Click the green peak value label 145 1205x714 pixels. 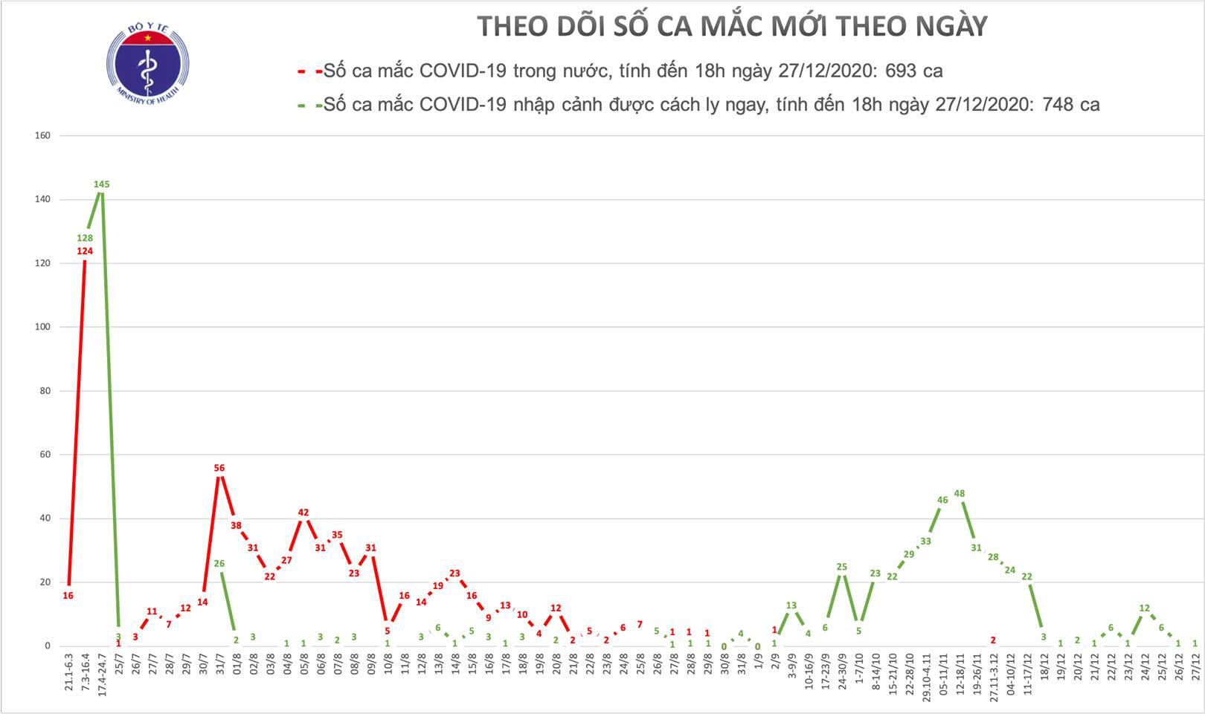coord(102,184)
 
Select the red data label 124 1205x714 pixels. coord(84,251)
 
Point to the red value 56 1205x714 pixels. coord(219,468)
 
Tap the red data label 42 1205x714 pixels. coord(303,512)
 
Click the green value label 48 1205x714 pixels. coord(959,493)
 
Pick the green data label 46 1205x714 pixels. coord(942,501)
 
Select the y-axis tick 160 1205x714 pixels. coord(42,135)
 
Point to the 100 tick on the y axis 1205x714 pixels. coord(42,327)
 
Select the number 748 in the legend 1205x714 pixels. coord(1055,105)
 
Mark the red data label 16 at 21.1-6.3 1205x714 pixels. coord(68,595)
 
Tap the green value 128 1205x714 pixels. coord(84,239)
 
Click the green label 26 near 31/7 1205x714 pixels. coord(219,564)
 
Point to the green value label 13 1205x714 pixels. coord(791,605)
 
